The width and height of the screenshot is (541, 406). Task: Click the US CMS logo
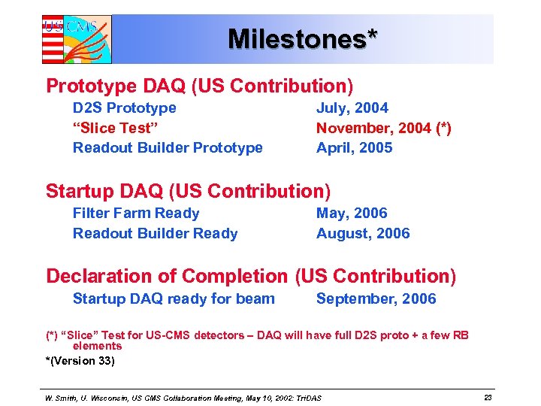[x=76, y=39]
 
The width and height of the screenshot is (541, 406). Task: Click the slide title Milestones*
[x=303, y=38]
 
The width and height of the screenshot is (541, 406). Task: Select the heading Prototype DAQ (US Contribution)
[x=199, y=86]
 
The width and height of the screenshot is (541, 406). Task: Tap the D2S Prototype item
[x=124, y=108]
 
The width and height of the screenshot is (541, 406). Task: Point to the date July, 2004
[x=352, y=108]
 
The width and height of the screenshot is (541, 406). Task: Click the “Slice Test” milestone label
[x=112, y=128]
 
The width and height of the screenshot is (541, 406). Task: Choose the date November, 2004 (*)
[x=383, y=128]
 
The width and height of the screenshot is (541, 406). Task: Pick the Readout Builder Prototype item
[x=168, y=147]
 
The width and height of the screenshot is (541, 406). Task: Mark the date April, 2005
[x=354, y=147]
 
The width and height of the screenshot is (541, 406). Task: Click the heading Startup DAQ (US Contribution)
[x=188, y=191]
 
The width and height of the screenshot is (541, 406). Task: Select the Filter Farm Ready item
[x=136, y=214]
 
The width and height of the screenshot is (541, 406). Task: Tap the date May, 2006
[x=352, y=214]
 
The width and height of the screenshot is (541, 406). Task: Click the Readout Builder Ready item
[x=155, y=233]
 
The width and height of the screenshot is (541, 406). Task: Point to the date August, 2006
[x=363, y=233]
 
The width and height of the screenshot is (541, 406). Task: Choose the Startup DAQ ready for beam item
[x=174, y=298]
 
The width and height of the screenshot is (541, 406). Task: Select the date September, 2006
[x=376, y=298]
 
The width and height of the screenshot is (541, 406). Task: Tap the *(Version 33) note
[x=80, y=361]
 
